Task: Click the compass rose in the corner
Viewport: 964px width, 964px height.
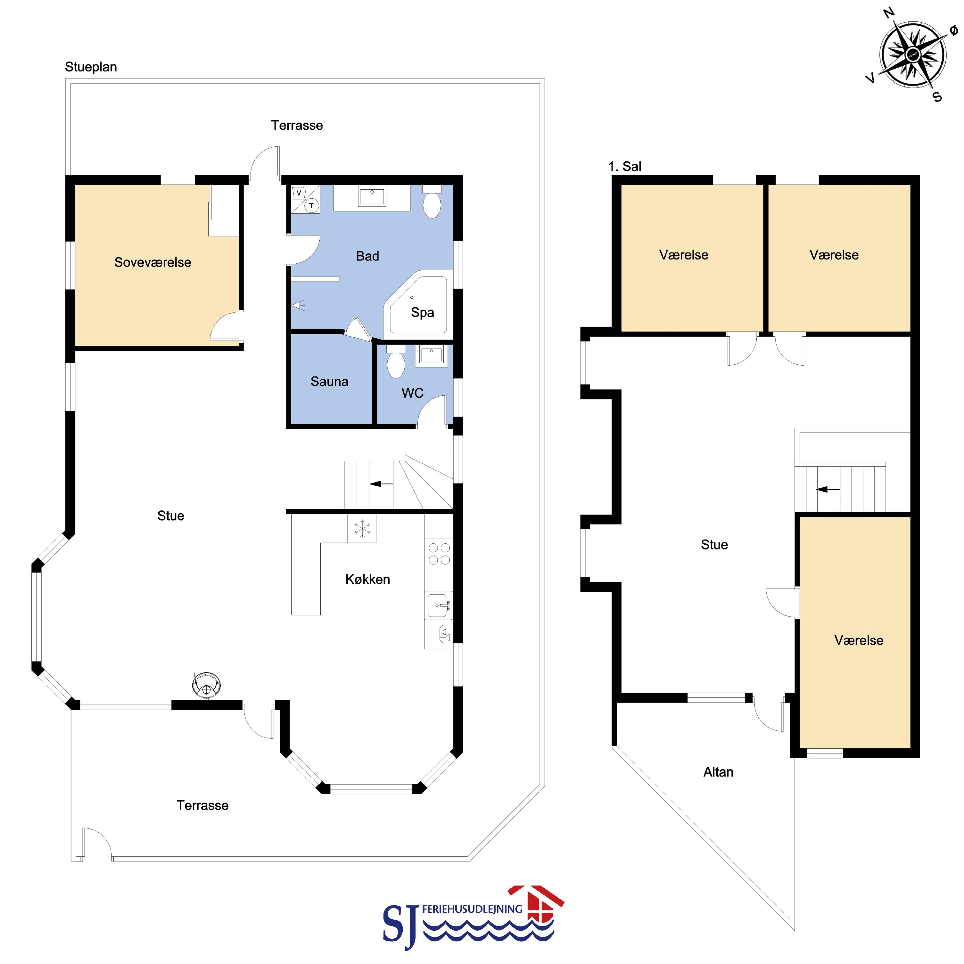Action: click(913, 54)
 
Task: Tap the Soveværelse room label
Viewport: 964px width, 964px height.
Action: click(153, 262)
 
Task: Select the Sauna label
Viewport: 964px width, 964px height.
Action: click(329, 382)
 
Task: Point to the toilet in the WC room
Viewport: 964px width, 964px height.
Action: click(396, 363)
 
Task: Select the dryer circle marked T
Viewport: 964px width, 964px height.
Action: click(311, 206)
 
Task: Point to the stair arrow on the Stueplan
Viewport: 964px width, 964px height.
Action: click(381, 483)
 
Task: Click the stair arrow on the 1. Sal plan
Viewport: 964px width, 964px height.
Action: click(828, 490)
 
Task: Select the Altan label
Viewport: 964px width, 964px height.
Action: click(719, 772)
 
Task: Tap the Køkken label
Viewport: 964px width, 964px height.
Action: click(368, 579)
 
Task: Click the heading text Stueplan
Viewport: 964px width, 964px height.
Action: click(91, 67)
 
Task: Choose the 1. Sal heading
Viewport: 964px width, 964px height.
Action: click(625, 166)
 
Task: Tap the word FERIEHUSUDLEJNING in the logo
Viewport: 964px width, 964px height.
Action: click(472, 909)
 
